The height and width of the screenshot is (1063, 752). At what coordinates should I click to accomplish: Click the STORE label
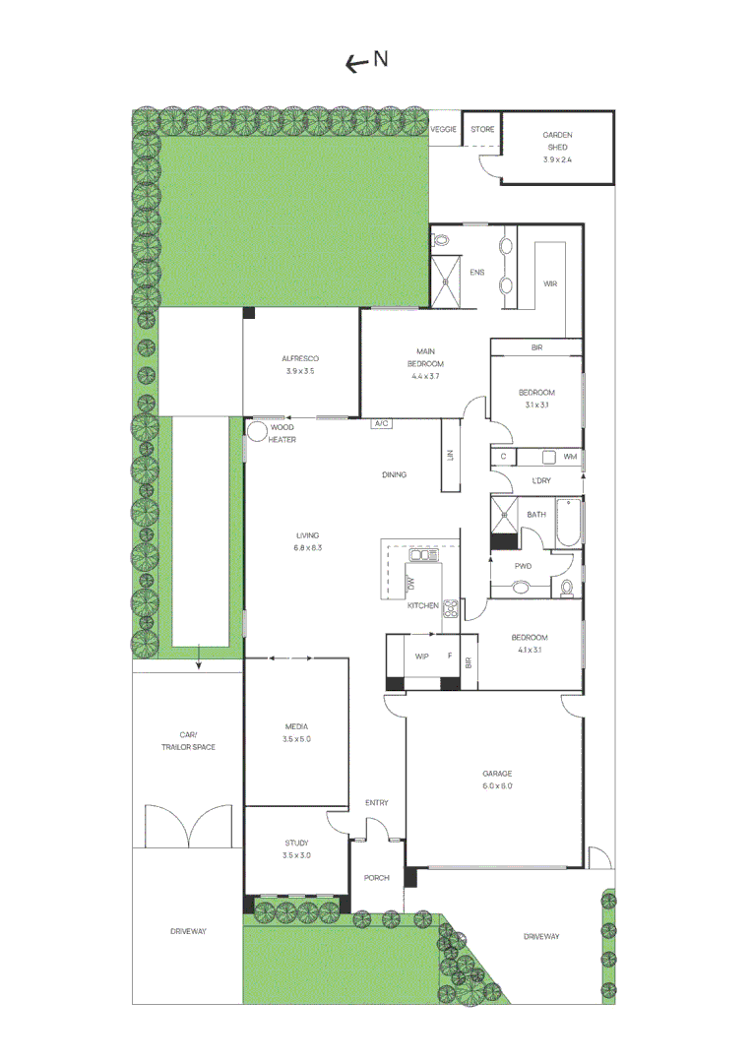[481, 130]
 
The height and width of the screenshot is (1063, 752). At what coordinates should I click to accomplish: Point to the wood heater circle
[259, 429]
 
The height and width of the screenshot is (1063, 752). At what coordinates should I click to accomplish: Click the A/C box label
[381, 424]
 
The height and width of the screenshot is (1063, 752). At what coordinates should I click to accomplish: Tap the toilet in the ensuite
[441, 239]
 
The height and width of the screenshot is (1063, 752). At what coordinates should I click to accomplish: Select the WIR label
[550, 284]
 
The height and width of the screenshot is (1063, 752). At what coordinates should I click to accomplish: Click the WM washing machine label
[569, 457]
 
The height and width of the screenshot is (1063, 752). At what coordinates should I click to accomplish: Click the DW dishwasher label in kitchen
[410, 584]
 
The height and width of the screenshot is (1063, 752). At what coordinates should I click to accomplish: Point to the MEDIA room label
[296, 732]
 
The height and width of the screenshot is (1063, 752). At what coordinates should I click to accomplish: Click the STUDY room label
[296, 849]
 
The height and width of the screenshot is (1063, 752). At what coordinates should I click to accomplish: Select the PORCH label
[377, 878]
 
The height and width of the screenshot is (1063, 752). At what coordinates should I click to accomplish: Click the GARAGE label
[496, 780]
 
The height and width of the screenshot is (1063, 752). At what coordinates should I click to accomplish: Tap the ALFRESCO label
[300, 365]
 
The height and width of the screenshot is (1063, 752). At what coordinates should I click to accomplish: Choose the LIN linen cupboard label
[450, 456]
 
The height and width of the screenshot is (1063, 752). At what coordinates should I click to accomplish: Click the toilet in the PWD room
[566, 588]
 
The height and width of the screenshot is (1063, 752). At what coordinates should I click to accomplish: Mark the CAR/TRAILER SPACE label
[188, 741]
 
